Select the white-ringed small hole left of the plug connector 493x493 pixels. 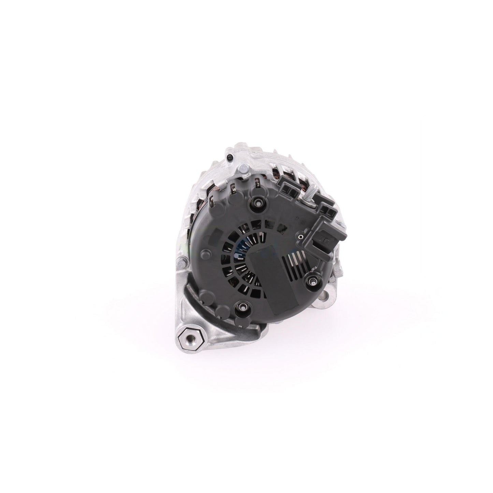point(300,235)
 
